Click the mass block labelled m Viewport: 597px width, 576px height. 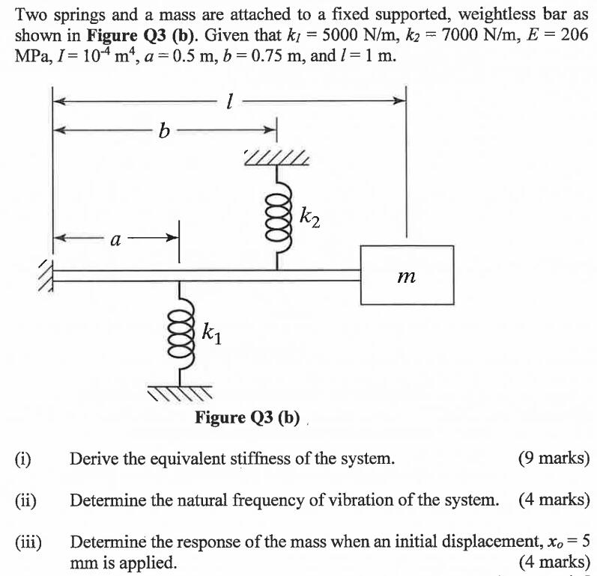(406, 275)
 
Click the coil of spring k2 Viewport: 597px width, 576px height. (279, 215)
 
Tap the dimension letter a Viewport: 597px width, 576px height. (115, 239)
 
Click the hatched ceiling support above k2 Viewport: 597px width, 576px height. (276, 157)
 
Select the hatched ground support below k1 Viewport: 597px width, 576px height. (180, 392)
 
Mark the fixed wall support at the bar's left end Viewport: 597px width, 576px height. (46, 275)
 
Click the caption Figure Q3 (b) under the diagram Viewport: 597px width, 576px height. (247, 417)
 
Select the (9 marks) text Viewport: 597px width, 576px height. (553, 458)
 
